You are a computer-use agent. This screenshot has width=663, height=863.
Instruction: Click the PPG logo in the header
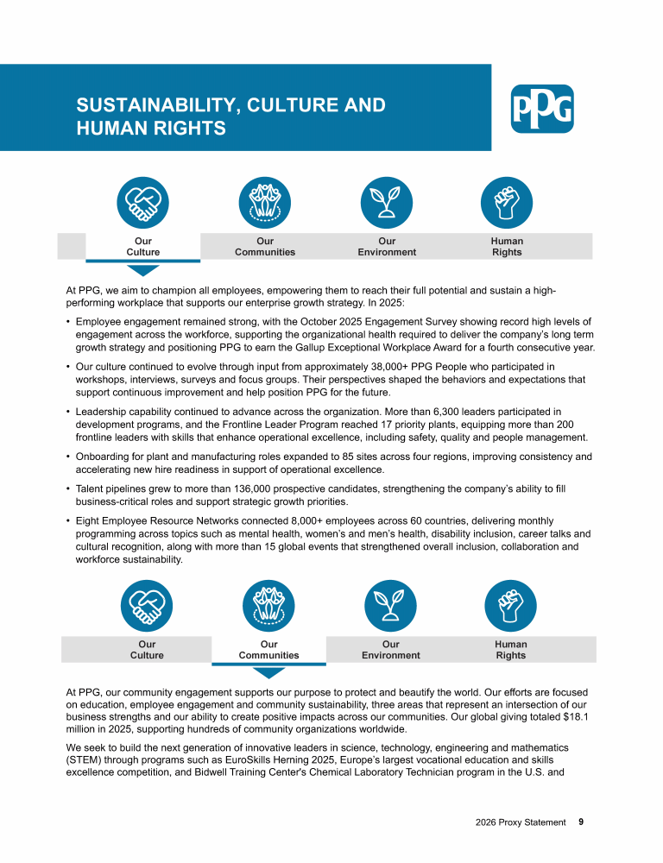(x=542, y=109)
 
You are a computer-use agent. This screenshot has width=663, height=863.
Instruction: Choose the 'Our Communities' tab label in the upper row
(x=265, y=247)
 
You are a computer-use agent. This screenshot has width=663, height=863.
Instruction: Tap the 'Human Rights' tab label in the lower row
(x=511, y=650)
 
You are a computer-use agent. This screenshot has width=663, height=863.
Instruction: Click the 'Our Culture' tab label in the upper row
(x=142, y=247)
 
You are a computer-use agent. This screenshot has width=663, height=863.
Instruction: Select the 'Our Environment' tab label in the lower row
(x=390, y=650)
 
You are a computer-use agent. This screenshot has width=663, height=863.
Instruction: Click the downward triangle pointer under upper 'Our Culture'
(x=142, y=268)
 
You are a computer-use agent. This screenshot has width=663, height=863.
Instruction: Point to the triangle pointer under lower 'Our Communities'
(x=268, y=672)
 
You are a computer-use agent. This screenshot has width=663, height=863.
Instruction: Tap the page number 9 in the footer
(x=581, y=822)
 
